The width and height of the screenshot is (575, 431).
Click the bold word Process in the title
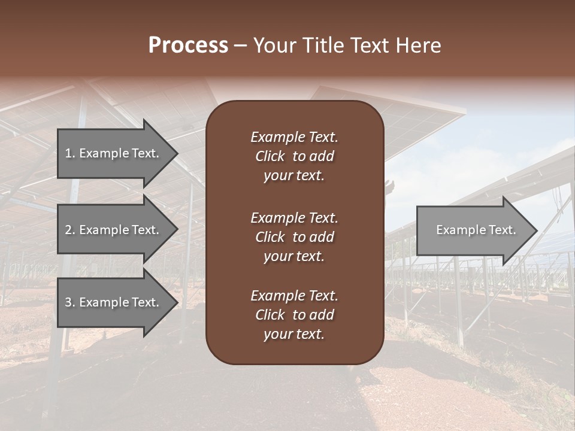coord(188,45)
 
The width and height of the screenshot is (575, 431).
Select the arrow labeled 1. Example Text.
coord(114,153)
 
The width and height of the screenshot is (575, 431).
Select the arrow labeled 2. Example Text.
coord(114,230)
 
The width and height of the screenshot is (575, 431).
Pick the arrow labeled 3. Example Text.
coord(114,302)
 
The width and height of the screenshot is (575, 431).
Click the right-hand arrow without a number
coord(473,230)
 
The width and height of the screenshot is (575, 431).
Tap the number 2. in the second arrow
coord(70,230)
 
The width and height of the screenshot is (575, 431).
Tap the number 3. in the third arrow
coord(70,302)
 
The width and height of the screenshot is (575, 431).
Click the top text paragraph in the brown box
coord(294,156)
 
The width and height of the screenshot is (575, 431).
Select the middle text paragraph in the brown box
coord(294,237)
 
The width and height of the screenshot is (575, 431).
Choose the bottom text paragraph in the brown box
coord(294,315)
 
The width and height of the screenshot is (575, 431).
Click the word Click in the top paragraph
coord(270,156)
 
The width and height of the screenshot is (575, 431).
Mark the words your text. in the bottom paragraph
coord(294,334)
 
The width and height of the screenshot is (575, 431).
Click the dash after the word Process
coord(240,46)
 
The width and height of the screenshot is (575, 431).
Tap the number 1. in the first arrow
coord(69,153)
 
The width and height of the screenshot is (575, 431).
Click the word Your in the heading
coord(273,45)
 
